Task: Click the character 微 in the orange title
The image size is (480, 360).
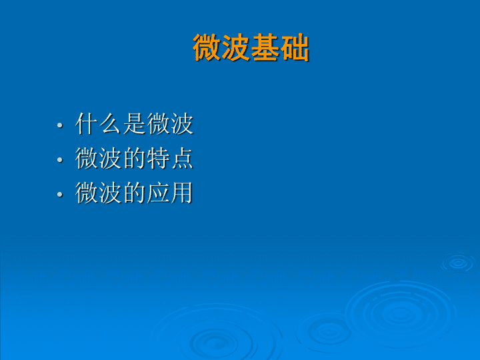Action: coord(207,47)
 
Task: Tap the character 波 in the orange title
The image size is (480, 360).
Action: coord(236,47)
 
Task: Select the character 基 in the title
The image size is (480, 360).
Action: coord(265,47)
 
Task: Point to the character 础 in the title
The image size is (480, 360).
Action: coord(294,47)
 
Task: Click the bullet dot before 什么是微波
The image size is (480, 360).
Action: coord(60,125)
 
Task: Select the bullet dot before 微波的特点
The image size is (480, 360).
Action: coord(60,159)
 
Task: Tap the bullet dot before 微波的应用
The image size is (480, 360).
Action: coord(60,194)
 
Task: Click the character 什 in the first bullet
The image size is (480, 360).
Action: coord(87,124)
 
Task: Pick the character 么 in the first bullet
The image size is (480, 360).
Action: coord(111,124)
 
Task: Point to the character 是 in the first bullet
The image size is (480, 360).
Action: coord(135,124)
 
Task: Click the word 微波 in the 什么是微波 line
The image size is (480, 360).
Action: coord(170,124)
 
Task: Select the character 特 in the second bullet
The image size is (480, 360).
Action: coord(158,158)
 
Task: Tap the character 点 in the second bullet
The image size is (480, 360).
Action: coord(182,158)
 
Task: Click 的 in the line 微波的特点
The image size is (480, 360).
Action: coord(135,158)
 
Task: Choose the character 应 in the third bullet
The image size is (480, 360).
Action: coord(158,193)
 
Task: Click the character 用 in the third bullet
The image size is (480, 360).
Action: coord(182,193)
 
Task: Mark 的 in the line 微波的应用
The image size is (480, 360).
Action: coord(135,193)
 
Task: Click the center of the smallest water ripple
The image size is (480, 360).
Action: coord(458,263)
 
